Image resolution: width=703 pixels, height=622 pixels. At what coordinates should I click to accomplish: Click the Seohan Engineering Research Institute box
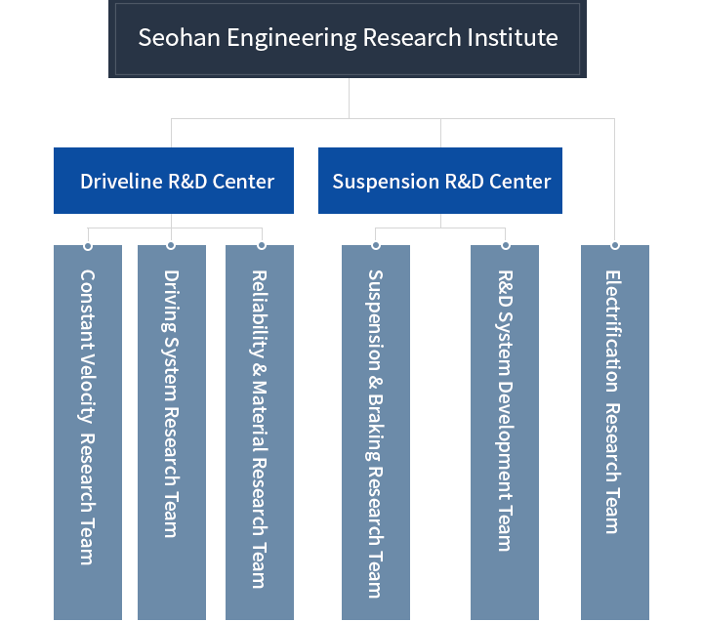point(347,40)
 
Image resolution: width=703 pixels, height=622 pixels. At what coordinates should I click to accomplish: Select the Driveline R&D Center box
point(173,181)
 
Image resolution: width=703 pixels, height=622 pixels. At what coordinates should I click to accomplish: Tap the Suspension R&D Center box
point(439,181)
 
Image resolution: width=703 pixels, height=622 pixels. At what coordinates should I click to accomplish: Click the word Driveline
point(121,182)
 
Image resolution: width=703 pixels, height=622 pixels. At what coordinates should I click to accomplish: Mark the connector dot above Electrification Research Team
point(615,244)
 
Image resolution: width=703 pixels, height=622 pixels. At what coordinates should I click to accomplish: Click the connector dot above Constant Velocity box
point(87,244)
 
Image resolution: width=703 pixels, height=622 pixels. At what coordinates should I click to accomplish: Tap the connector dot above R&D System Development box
point(505,244)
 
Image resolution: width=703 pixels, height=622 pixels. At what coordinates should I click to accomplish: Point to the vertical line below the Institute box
point(348,98)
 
